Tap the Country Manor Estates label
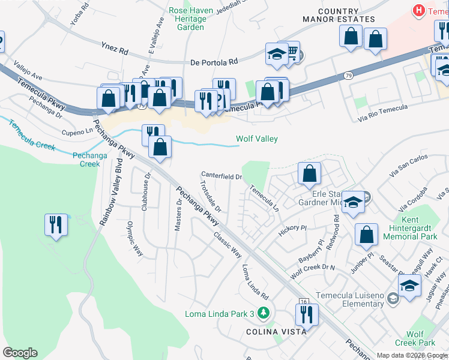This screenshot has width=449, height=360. tap(346, 15)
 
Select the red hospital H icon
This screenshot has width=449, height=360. tap(418, 10)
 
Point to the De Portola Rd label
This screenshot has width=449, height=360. tap(214, 61)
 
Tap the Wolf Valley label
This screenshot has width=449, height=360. tap(256, 139)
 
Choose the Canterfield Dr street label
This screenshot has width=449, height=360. tap(221, 176)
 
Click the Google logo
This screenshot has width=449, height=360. tap(20, 353)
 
